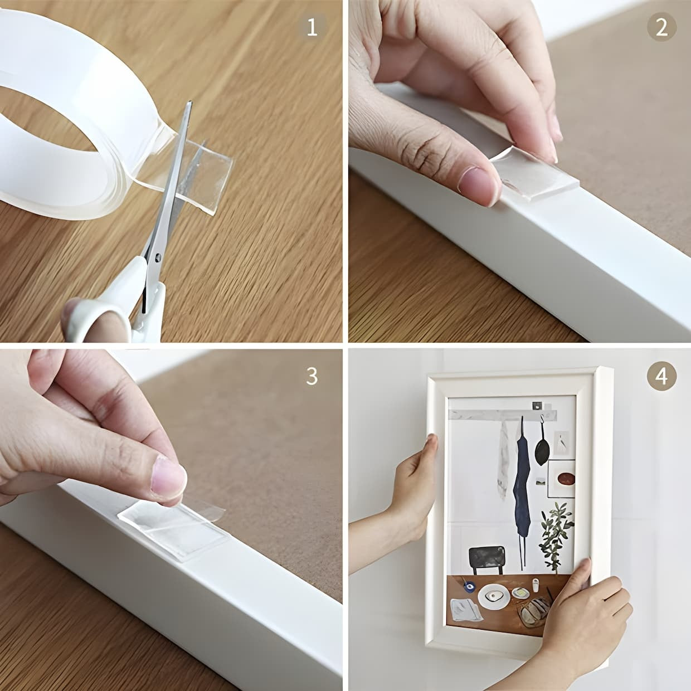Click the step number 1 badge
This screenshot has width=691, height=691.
(312, 27)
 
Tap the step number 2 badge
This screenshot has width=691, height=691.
(661, 27)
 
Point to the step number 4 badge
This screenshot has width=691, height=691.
(661, 377)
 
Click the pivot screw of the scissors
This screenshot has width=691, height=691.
(157, 257)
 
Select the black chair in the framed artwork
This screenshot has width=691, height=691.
(486, 559)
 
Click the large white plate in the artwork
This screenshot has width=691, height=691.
(493, 596)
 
